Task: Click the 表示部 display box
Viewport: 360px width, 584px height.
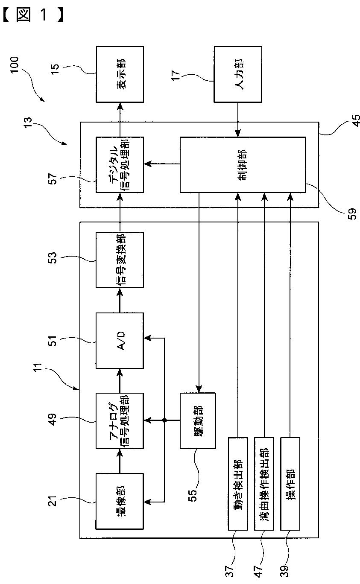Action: click(120, 74)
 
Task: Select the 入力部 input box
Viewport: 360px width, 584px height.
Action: click(238, 74)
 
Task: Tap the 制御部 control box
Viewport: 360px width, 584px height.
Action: click(243, 165)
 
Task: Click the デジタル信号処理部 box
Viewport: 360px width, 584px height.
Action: click(120, 165)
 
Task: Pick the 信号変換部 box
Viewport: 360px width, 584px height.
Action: click(120, 260)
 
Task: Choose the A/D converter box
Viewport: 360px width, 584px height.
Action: click(120, 341)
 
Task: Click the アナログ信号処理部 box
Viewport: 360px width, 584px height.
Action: click(120, 421)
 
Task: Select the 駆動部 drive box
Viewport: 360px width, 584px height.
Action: click(198, 420)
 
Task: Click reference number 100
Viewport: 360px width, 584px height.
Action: click(15, 64)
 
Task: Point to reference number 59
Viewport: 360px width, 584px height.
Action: click(352, 214)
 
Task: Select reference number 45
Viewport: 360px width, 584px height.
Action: click(355, 120)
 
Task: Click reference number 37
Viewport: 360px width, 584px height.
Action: click(229, 571)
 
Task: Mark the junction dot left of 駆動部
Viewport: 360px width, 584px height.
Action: click(164, 420)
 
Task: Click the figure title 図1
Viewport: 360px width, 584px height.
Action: click(33, 15)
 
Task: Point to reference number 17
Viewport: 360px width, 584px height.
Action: click(176, 75)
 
